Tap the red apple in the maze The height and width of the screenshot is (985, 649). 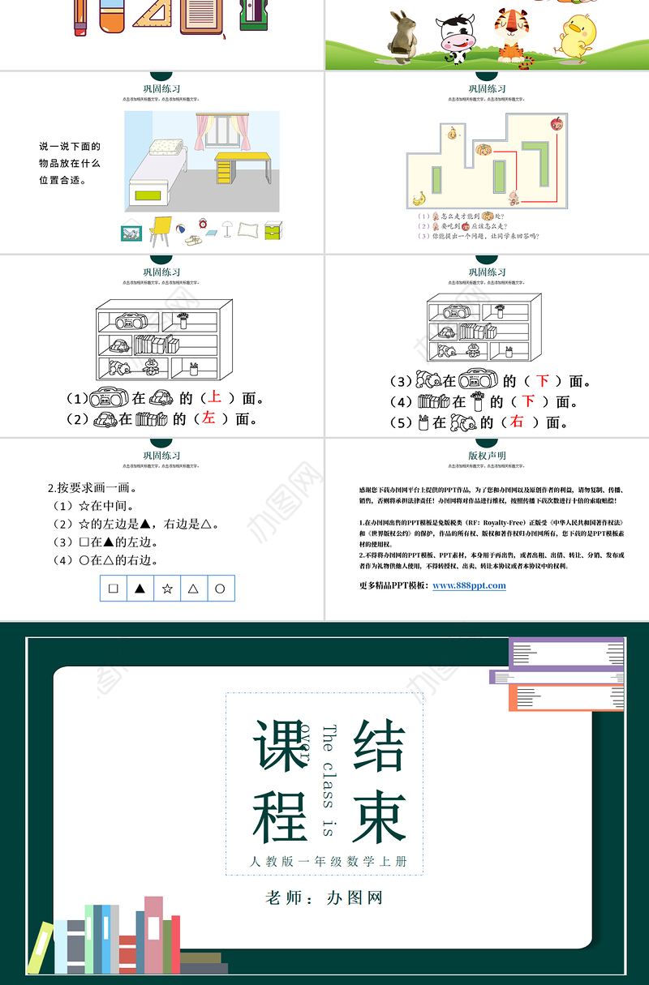556,124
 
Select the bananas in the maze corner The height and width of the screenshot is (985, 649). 419,199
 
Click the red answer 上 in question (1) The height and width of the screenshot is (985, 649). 214,397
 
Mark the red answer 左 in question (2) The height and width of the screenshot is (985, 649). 208,418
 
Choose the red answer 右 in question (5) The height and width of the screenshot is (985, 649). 517,422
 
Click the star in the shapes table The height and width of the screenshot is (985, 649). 167,589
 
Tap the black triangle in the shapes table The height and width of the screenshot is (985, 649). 140,589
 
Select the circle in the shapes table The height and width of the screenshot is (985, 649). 219,589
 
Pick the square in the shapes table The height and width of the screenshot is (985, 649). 114,589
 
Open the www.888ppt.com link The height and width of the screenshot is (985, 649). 469,585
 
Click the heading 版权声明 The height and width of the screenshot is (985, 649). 487,456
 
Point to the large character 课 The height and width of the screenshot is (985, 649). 281,744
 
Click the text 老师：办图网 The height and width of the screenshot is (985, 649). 324,897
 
